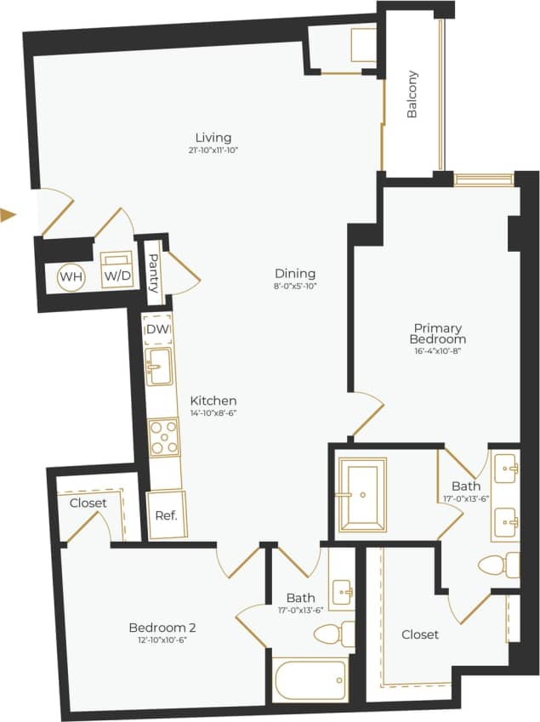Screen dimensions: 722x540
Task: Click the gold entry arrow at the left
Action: point(9,215)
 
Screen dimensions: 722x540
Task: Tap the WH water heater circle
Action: point(70,276)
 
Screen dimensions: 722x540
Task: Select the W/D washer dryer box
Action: point(116,270)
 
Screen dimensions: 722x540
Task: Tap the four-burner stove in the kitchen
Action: point(163,436)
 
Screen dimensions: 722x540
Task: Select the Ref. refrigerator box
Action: point(166,515)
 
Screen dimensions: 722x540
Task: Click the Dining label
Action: point(295,273)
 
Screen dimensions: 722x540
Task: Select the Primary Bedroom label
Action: point(438,333)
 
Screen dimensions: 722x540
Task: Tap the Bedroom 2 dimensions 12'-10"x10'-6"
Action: point(157,640)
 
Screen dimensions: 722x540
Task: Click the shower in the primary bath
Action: point(362,494)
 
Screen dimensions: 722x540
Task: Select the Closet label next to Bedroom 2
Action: point(88,503)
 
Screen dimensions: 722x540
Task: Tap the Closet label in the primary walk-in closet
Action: point(420,634)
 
